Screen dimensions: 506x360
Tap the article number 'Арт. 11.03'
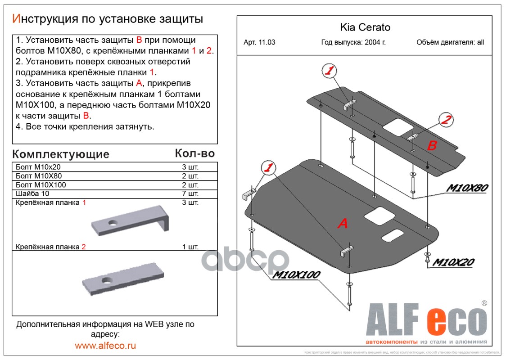[259, 43]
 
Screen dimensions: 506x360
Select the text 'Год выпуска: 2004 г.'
[353, 43]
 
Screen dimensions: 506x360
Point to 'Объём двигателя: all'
[450, 43]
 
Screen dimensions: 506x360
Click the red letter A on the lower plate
[343, 223]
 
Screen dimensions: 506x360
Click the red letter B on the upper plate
[432, 145]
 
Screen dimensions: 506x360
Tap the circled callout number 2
[446, 120]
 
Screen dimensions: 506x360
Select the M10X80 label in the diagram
[467, 189]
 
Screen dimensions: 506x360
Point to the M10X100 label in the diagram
[296, 274]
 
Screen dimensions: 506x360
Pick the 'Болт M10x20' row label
[35, 167]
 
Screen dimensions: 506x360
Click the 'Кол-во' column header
[194, 153]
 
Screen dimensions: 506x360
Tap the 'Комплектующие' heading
[61, 154]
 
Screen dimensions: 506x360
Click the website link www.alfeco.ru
[105, 346]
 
